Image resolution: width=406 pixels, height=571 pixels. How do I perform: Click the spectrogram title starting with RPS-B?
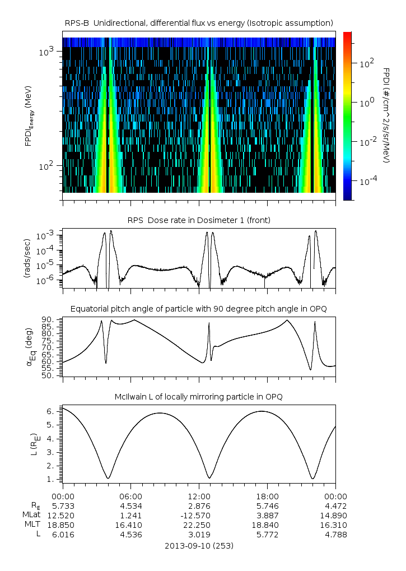coord(199,22)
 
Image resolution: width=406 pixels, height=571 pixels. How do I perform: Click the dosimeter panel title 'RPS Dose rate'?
coord(199,220)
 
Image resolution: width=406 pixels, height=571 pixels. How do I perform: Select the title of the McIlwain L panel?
coord(199,397)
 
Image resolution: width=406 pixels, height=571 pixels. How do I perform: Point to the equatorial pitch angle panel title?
coord(199,309)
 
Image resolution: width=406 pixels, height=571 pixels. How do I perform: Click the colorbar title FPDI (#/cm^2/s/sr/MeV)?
coord(386,115)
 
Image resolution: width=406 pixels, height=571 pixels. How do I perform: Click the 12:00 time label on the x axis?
coord(199,496)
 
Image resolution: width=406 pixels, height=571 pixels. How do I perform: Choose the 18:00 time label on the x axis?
coord(267,496)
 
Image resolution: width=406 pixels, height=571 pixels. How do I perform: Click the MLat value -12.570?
coord(199,515)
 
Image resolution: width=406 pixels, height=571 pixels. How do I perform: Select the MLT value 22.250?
coord(199,524)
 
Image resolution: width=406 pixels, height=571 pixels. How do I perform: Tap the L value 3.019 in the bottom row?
coord(199,534)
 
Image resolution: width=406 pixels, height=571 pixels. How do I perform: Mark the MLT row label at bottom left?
coord(31,524)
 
